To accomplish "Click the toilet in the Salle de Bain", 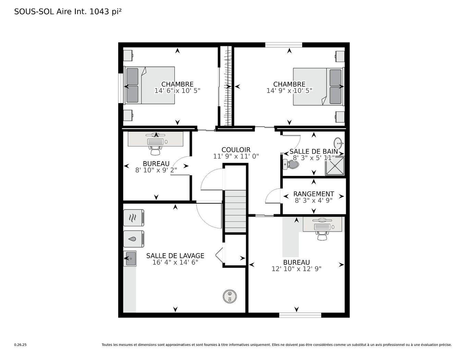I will pos(291,165).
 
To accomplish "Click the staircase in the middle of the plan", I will pos(235,211).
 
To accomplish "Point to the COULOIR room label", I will pos(236,150).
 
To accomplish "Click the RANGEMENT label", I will pos(314,194).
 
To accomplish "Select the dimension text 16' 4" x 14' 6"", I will pos(175,262).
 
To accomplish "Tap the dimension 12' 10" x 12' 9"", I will pos(296,269).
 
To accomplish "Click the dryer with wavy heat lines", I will pos(134,218).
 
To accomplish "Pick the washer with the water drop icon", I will pos(134,239).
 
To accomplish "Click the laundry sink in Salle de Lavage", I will pos(130,259).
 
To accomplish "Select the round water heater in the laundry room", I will pos(230,296).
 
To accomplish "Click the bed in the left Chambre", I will pos(150,85).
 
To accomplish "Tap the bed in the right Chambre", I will pos(318,86).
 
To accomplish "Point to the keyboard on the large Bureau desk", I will pos(322,227).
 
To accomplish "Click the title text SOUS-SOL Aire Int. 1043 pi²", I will pos(68,12).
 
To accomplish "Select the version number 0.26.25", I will pos(20,345).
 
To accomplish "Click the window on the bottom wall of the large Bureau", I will pos(300,315).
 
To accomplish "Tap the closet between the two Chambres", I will pos(226,86).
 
